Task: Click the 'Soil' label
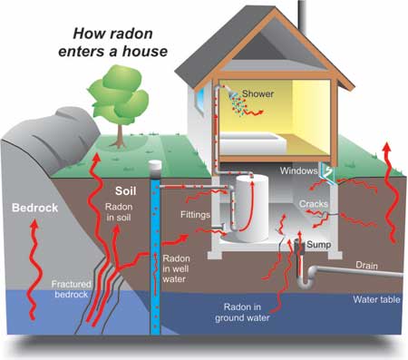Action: coord(126,191)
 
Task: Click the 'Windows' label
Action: coord(298,170)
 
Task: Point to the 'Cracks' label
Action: coord(316,205)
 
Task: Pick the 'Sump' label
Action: coord(317,245)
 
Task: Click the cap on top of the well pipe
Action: coord(157,169)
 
